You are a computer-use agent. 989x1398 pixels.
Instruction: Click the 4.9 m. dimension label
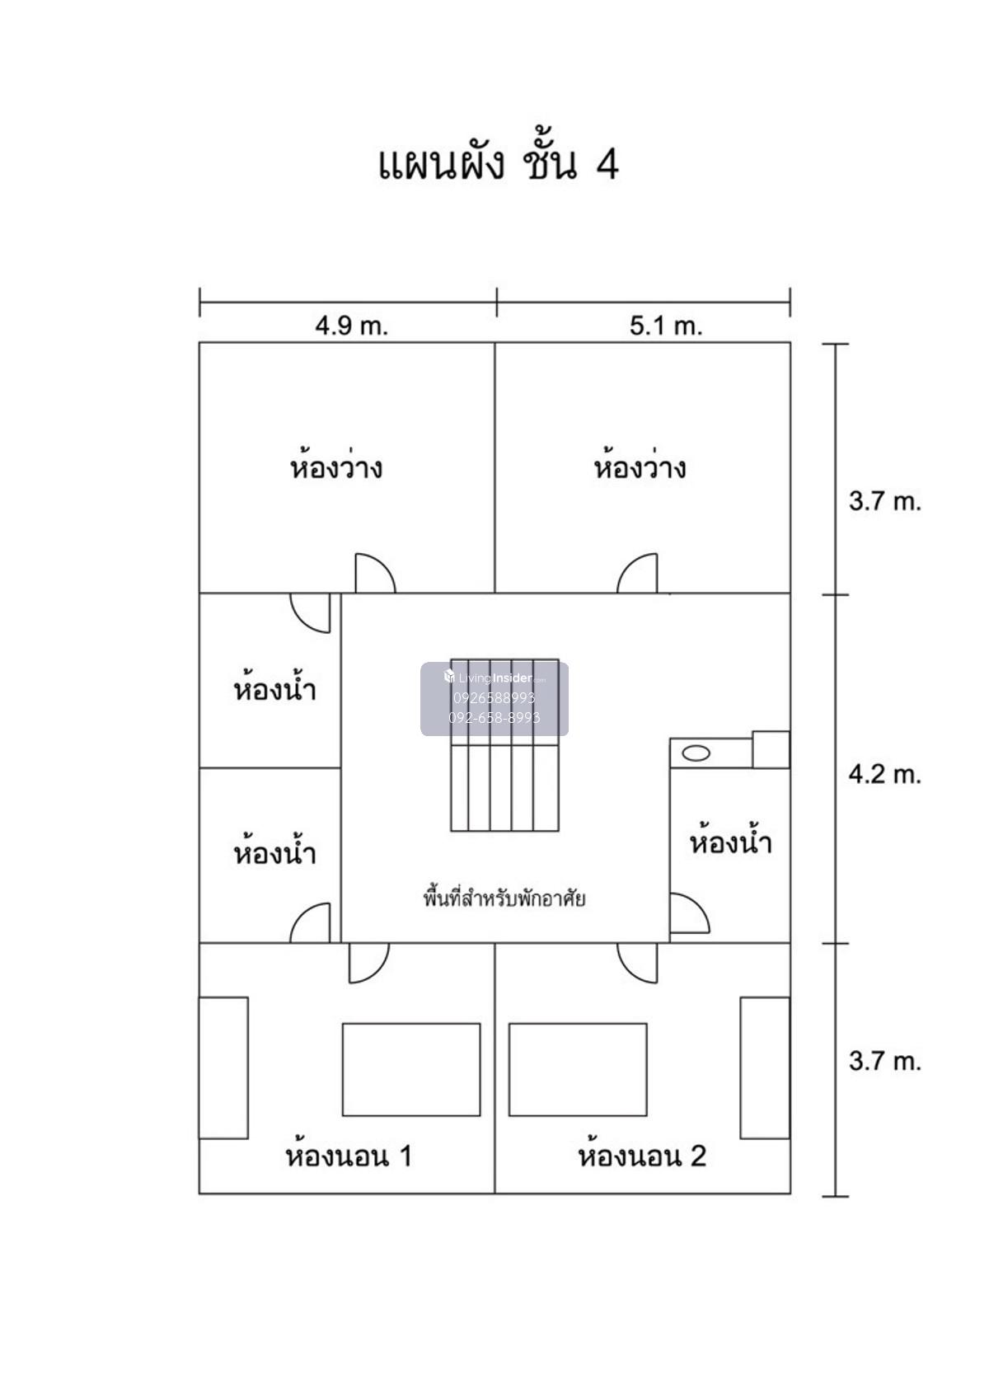tap(351, 326)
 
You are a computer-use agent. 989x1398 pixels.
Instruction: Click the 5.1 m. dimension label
tap(666, 326)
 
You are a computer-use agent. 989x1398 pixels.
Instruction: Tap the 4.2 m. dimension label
tap(885, 775)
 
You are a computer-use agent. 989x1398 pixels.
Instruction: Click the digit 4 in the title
tap(607, 164)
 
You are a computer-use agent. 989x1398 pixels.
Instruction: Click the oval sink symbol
tap(696, 753)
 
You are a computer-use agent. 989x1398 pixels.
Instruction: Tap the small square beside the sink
tap(771, 749)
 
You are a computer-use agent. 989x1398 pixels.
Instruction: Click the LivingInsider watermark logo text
tap(494, 678)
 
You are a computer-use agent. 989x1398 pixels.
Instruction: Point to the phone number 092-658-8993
tap(494, 718)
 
